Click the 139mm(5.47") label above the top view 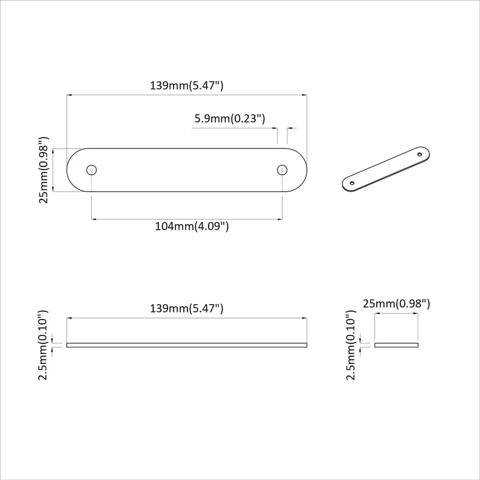[187, 85]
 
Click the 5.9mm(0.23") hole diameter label [230, 119]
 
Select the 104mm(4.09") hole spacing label [192, 226]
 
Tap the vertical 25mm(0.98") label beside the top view [44, 170]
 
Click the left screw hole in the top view [91, 170]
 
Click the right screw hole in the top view [282, 170]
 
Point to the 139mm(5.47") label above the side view [187, 308]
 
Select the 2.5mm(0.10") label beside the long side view [43, 345]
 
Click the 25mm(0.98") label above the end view [397, 304]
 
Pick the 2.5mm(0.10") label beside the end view [351, 345]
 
